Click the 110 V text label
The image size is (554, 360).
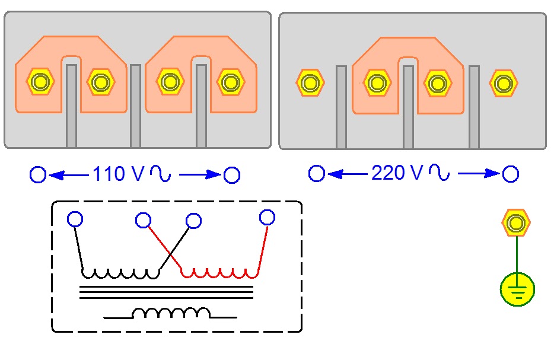tap(119, 174)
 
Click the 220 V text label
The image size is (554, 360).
tap(397, 173)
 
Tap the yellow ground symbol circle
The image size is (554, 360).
tap(517, 289)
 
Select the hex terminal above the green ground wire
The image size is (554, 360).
tap(516, 222)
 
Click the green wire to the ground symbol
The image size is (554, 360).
tap(517, 254)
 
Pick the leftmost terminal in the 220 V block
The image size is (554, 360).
tap(310, 83)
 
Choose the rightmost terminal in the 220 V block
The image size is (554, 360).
tap(504, 84)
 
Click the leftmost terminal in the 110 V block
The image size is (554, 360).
tap(40, 82)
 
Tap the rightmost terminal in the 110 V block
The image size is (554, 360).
tap(230, 82)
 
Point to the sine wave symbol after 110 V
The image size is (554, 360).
tap(160, 173)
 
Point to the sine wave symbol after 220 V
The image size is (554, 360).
tap(439, 172)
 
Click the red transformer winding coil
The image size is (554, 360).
tap(219, 273)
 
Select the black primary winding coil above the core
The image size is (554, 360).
tap(120, 273)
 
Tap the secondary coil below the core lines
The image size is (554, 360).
tap(171, 313)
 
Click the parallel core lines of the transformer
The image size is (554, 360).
tap(167, 292)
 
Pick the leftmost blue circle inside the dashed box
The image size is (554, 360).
tap(75, 219)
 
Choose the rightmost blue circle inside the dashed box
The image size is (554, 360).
tap(267, 217)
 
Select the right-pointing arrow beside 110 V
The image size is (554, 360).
tap(200, 174)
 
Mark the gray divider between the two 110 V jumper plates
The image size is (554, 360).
tap(135, 106)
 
